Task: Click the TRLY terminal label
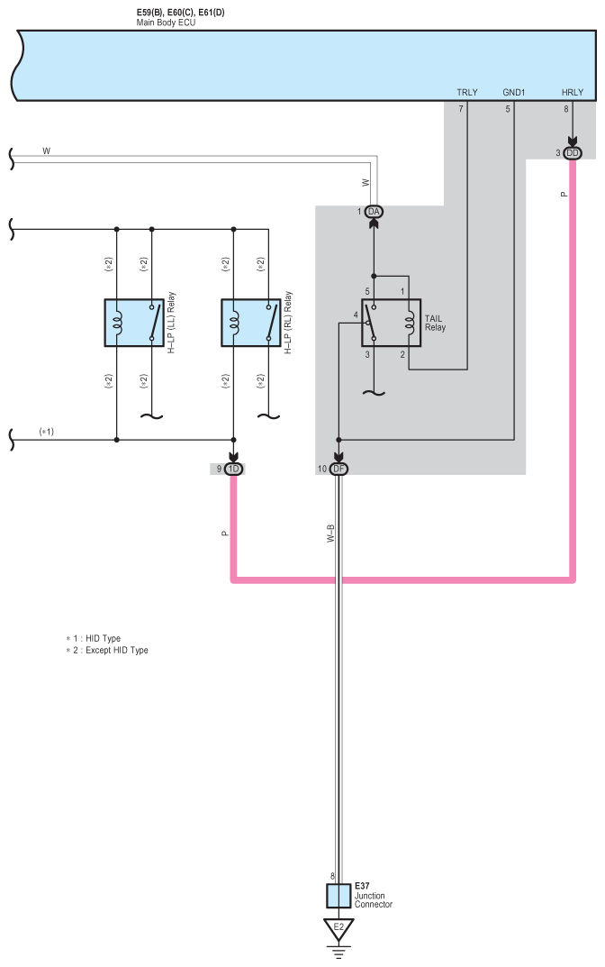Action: (467, 92)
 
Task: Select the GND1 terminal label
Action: (514, 92)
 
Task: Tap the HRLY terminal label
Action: (572, 92)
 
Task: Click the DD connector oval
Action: (573, 153)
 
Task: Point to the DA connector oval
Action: (375, 211)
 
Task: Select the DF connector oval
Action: (339, 469)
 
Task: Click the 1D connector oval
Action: (233, 469)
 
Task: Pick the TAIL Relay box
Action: (392, 323)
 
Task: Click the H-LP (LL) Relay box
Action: (134, 323)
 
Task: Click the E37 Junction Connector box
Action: (339, 896)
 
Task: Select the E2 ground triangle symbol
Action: (339, 928)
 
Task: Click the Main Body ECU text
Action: (166, 23)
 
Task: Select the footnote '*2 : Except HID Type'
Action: (107, 650)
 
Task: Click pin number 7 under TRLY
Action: (461, 110)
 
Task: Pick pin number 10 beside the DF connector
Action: (321, 469)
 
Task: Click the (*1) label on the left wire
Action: (47, 432)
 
